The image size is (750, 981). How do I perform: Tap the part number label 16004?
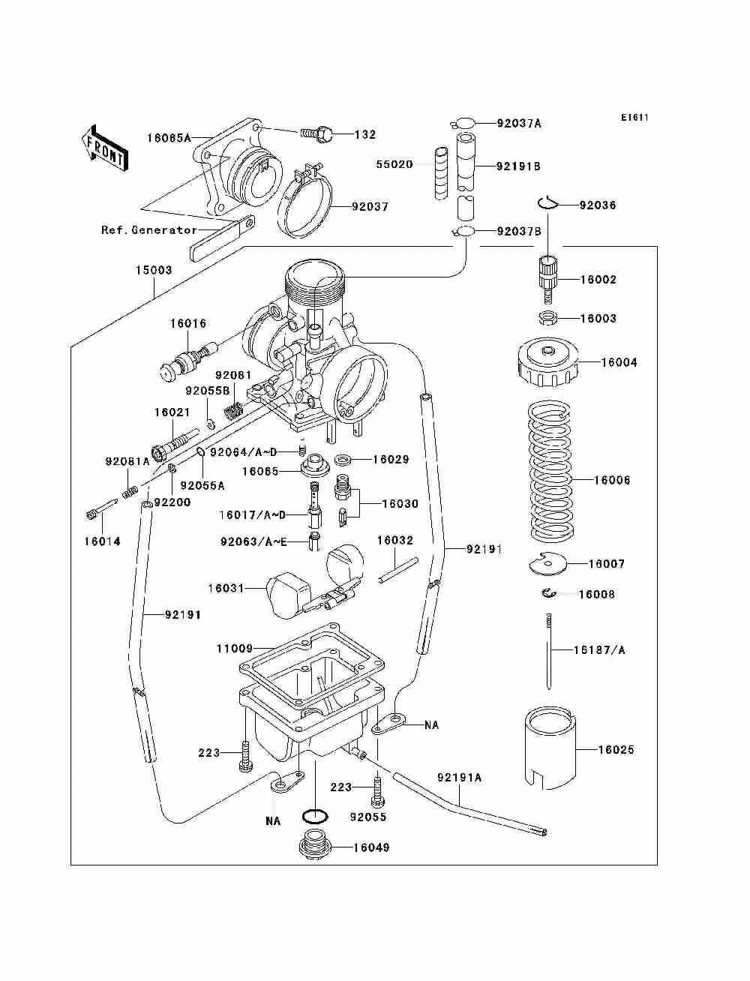pyautogui.click(x=619, y=362)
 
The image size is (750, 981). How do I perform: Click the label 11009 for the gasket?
pyautogui.click(x=235, y=648)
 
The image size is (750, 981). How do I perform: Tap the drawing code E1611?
pyautogui.click(x=634, y=118)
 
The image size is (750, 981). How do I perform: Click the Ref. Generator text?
pyautogui.click(x=149, y=230)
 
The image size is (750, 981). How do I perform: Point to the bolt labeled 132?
pyautogui.click(x=319, y=134)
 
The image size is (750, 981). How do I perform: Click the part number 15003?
pyautogui.click(x=153, y=270)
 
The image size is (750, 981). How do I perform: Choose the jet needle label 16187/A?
pyautogui.click(x=599, y=650)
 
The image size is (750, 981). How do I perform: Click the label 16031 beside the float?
pyautogui.click(x=226, y=589)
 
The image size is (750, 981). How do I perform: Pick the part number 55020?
pyautogui.click(x=394, y=164)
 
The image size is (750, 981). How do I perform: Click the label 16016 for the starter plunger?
pyautogui.click(x=187, y=324)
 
